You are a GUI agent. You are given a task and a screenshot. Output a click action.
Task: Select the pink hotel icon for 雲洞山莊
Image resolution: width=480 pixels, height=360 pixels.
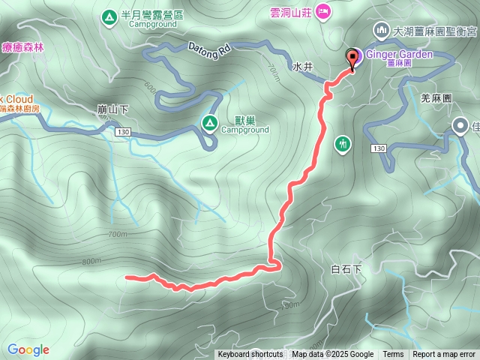[323, 10]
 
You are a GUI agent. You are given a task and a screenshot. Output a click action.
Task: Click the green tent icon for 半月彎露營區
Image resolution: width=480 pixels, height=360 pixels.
[109, 15]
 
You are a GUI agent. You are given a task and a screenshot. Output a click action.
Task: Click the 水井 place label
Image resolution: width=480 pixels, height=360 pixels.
[301, 66]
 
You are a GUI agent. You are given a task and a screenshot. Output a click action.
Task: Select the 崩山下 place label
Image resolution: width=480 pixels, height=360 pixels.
[112, 109]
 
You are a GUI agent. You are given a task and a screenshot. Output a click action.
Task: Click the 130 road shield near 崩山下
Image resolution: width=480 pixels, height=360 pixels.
[123, 132]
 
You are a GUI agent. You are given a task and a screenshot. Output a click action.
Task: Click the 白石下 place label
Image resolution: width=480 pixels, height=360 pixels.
[346, 268]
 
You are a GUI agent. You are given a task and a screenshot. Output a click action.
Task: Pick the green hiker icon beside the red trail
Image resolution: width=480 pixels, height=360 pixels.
[343, 142]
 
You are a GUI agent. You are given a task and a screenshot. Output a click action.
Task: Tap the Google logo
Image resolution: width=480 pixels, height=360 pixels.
[28, 349]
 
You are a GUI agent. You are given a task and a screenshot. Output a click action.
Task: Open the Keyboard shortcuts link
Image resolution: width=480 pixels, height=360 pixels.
[250, 355]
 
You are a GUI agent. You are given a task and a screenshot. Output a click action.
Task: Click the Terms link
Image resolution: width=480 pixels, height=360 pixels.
[393, 355]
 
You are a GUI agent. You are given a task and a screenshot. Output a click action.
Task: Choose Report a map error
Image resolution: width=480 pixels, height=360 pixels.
[444, 355]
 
